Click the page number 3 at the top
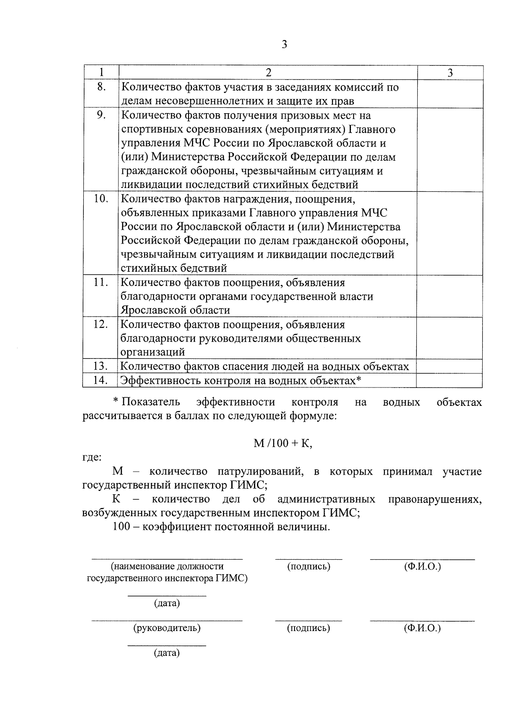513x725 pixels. tap(284, 44)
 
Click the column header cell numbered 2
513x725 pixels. tap(268, 73)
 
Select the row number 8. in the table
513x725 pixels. tap(101, 87)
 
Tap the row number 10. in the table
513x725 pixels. tap(101, 199)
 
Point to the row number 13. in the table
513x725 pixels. tap(101, 366)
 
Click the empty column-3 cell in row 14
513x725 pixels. tap(450, 380)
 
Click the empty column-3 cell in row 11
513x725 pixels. tap(450, 296)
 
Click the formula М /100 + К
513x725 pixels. tap(283, 443)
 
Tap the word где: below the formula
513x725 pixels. tap(92, 458)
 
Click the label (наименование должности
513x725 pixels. tap(167, 566)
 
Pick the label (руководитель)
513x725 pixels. tap(167, 628)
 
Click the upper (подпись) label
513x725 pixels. tap(309, 566)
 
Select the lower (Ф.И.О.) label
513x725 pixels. tap(422, 628)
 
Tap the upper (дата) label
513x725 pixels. tap(167, 603)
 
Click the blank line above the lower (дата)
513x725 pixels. tap(167, 645)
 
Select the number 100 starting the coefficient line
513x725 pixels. tap(121, 527)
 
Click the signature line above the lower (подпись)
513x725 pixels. tap(309, 620)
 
